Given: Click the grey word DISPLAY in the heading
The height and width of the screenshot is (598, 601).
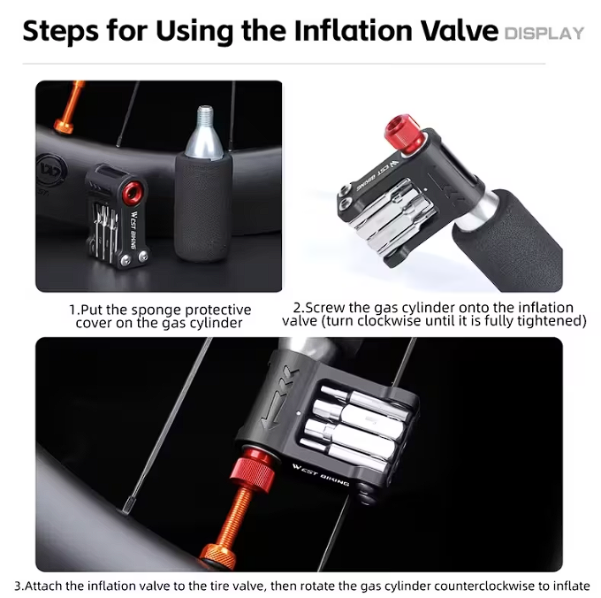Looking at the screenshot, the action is click(544, 34).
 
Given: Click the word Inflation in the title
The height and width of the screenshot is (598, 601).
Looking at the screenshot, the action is click(353, 30).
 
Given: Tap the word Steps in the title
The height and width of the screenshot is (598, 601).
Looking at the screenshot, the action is click(61, 32).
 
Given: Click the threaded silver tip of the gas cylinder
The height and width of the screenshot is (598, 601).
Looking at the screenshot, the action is click(205, 115).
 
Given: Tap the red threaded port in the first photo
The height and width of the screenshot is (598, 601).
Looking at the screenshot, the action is click(133, 191).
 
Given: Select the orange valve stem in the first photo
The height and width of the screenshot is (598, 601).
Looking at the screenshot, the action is click(71, 107).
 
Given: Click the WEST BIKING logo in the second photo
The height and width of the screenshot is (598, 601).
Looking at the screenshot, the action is click(377, 175).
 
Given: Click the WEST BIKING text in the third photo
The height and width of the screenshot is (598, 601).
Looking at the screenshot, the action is click(321, 475).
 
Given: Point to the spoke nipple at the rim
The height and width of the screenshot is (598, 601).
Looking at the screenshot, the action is click(127, 509).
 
